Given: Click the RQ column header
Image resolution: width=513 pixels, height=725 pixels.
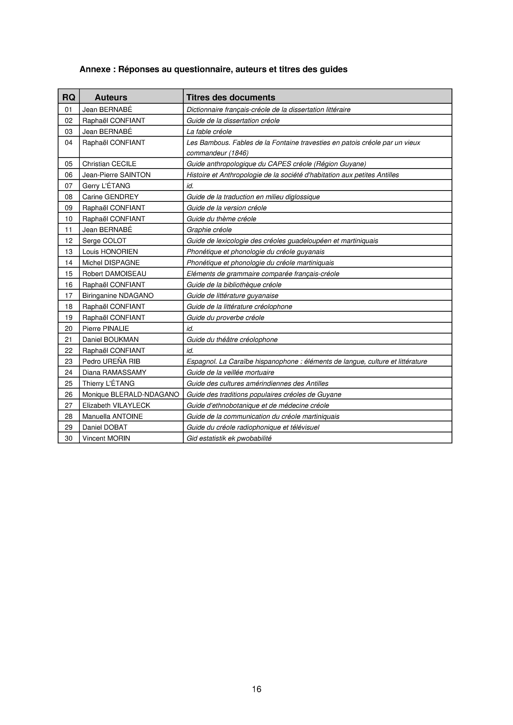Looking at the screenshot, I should click(69, 97).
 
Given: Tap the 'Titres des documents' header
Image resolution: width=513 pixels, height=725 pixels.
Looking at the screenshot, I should click(231, 97).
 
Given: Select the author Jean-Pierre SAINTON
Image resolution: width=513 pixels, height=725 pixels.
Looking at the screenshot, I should click(116, 175).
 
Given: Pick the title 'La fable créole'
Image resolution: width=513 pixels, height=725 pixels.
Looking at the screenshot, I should click(209, 132).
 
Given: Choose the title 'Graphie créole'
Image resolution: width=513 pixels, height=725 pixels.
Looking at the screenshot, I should click(209, 230).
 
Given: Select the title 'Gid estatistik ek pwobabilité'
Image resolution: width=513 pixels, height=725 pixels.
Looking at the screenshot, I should click(229, 438).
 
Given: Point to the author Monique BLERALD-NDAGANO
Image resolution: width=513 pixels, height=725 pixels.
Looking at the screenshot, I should click(131, 394).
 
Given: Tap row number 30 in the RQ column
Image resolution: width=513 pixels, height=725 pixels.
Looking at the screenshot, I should click(69, 438).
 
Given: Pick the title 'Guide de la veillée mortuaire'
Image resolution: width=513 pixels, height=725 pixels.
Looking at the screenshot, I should click(230, 373).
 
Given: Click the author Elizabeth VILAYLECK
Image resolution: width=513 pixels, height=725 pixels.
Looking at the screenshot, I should click(116, 405).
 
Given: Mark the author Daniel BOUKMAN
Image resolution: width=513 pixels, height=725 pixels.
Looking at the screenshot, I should click(110, 340).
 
